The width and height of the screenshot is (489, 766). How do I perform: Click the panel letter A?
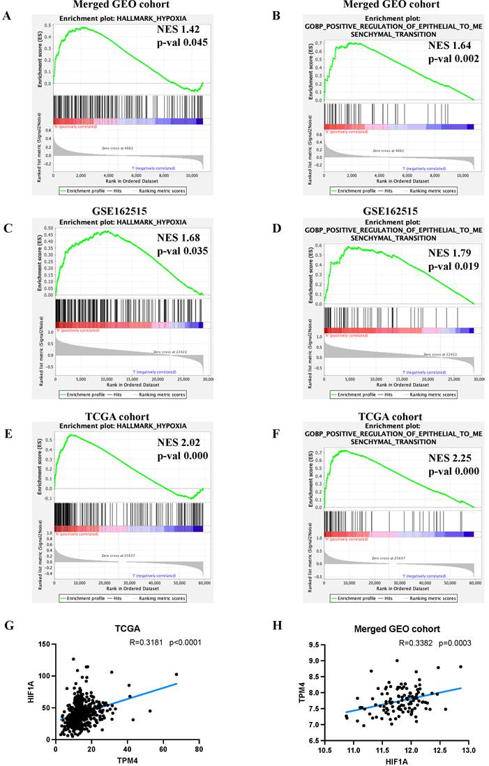coord(7,13)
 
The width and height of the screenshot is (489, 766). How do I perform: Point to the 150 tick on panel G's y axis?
coord(43,645)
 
